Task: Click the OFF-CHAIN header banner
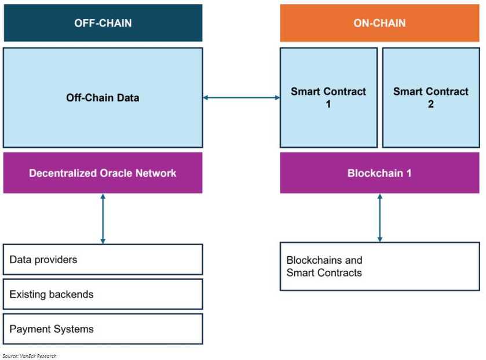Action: (103, 23)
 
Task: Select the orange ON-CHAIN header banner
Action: (379, 23)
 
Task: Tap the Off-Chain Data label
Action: (103, 97)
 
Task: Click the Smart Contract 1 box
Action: (328, 97)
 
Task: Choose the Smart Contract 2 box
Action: (431, 97)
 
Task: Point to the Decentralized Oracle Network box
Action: (103, 173)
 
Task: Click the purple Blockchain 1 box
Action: (379, 173)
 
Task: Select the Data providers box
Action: (103, 260)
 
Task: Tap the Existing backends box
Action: (103, 294)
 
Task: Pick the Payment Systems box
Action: (103, 329)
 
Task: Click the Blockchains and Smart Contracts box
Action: (379, 266)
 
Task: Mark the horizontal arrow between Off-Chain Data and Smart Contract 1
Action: (241, 97)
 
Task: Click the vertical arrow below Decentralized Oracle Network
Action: (103, 219)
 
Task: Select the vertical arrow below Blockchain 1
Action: (379, 218)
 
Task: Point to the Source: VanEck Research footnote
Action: (30, 356)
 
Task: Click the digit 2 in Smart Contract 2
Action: (431, 104)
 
